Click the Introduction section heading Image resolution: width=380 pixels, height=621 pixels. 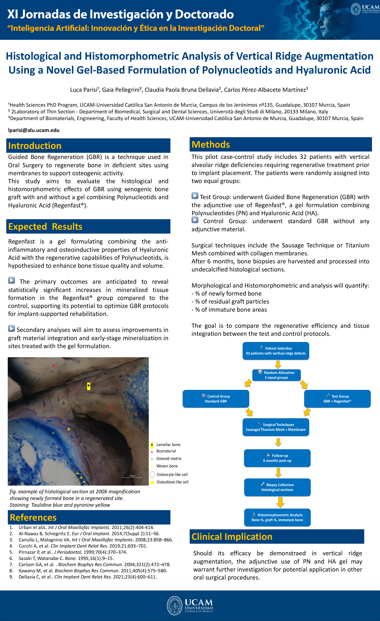[x=35, y=146]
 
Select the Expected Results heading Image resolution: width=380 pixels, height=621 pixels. [x=45, y=227]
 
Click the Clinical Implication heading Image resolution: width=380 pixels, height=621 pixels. [x=232, y=537]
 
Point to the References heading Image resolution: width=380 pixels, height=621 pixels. [x=33, y=517]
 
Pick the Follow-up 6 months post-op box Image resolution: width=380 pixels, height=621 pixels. [x=277, y=458]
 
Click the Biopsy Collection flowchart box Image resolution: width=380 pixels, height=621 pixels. [x=277, y=487]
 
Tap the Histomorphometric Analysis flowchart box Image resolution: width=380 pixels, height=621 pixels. [x=277, y=517]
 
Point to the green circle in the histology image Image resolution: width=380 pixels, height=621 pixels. [x=64, y=403]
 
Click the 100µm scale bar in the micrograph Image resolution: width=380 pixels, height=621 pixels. [x=132, y=477]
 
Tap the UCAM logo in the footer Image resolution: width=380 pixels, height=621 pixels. [x=190, y=606]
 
